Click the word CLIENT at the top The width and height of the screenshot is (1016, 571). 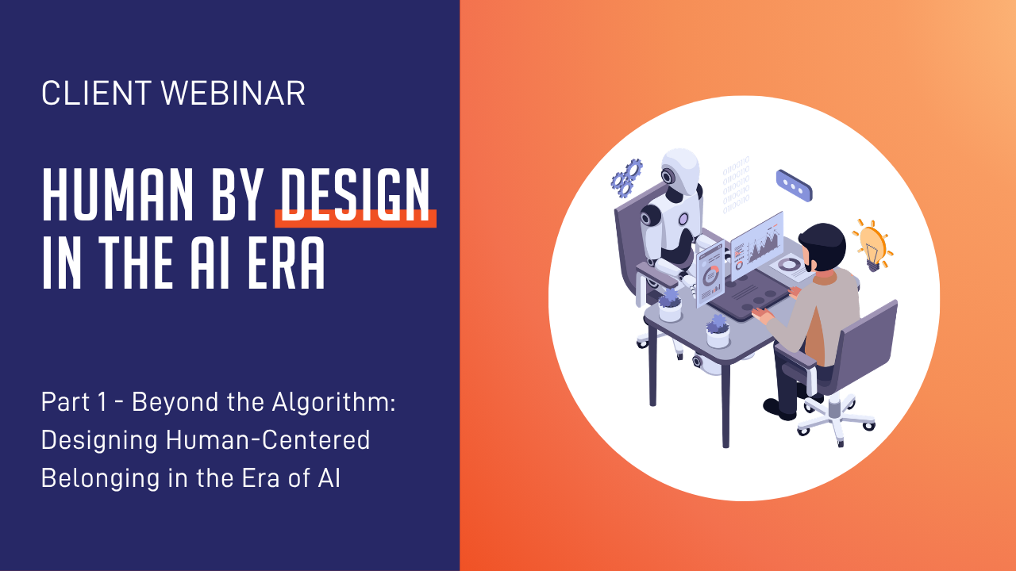click(96, 94)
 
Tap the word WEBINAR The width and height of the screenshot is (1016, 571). click(233, 94)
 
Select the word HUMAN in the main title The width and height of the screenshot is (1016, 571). click(118, 195)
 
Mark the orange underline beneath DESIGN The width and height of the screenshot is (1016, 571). click(356, 218)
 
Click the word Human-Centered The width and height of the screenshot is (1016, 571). click(268, 440)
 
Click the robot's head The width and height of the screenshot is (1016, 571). click(679, 171)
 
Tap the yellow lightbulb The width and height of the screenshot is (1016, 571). click(872, 246)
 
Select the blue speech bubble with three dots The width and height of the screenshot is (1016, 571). click(795, 186)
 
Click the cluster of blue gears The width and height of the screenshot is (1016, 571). click(626, 178)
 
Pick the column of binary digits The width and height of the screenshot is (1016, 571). click(736, 185)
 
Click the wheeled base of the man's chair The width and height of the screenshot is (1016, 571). click(835, 420)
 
